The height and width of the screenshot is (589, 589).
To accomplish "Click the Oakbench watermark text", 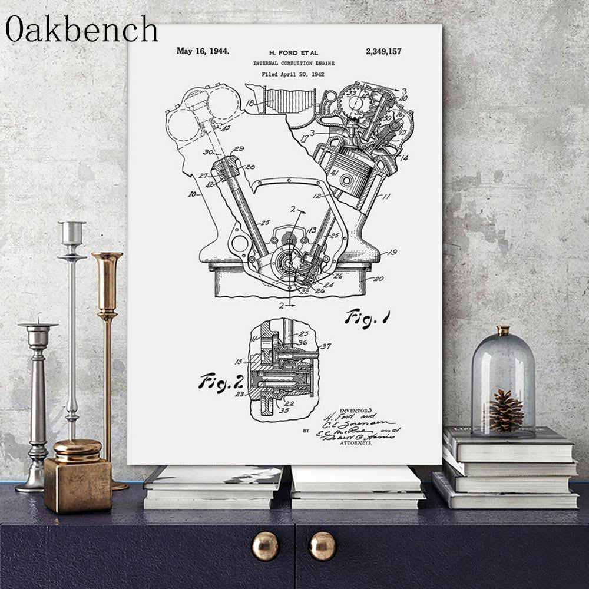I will [82, 29].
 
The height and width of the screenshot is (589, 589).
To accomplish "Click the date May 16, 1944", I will [203, 51].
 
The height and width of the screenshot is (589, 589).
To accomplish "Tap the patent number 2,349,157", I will [383, 51].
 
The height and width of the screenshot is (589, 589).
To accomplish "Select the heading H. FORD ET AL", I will [293, 52].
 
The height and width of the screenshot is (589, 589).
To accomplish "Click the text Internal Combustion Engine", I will [293, 63].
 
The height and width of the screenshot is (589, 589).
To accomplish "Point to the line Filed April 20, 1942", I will [293, 74].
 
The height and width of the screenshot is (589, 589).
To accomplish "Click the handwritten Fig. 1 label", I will [368, 319].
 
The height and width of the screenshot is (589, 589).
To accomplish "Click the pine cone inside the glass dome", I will [506, 411].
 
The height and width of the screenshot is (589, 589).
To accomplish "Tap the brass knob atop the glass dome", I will [502, 330].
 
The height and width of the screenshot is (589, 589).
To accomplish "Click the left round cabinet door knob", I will [266, 545].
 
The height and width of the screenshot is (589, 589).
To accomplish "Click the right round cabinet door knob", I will [322, 545].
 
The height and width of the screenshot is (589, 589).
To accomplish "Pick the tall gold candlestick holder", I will [108, 330].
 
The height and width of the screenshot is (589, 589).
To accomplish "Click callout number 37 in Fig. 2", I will [325, 346].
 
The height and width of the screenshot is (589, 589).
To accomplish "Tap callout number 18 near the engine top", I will [250, 102].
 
